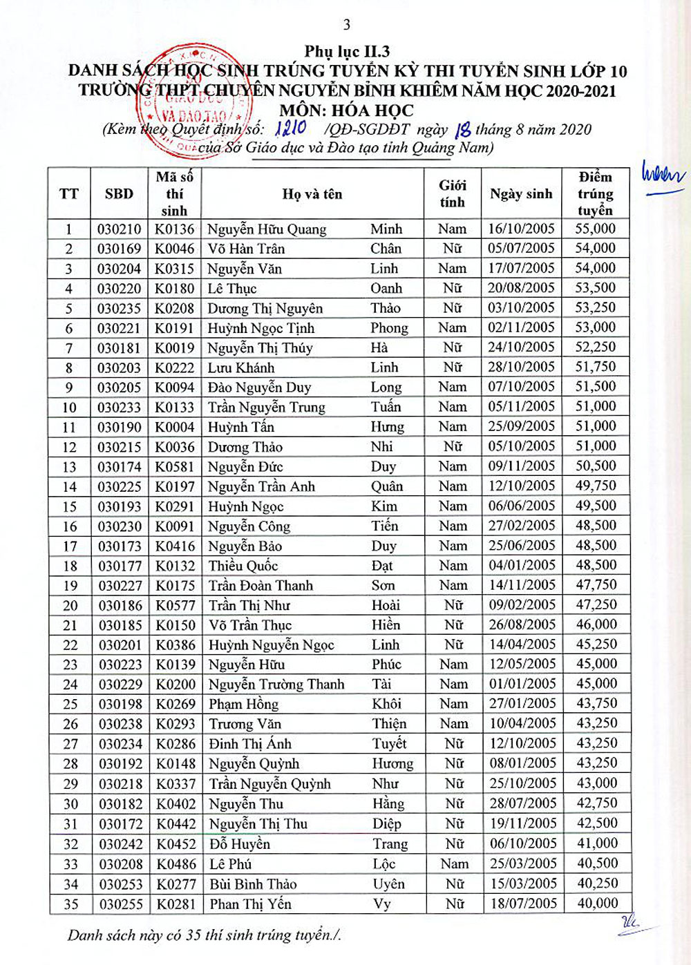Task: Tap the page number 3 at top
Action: point(347,25)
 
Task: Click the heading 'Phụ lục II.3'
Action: point(347,51)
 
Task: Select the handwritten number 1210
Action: point(291,128)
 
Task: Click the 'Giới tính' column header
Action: point(452,193)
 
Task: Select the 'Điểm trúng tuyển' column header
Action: point(595,193)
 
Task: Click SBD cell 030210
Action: point(119,229)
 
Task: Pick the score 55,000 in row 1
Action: point(595,229)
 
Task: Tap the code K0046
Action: point(174,249)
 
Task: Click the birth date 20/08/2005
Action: point(521,288)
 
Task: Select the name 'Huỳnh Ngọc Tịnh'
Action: point(261,328)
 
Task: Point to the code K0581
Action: point(174,467)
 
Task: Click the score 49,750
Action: point(596,486)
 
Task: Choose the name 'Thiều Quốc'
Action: point(243,566)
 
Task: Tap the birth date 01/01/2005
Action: point(522,685)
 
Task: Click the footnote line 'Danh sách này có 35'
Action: point(205,935)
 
